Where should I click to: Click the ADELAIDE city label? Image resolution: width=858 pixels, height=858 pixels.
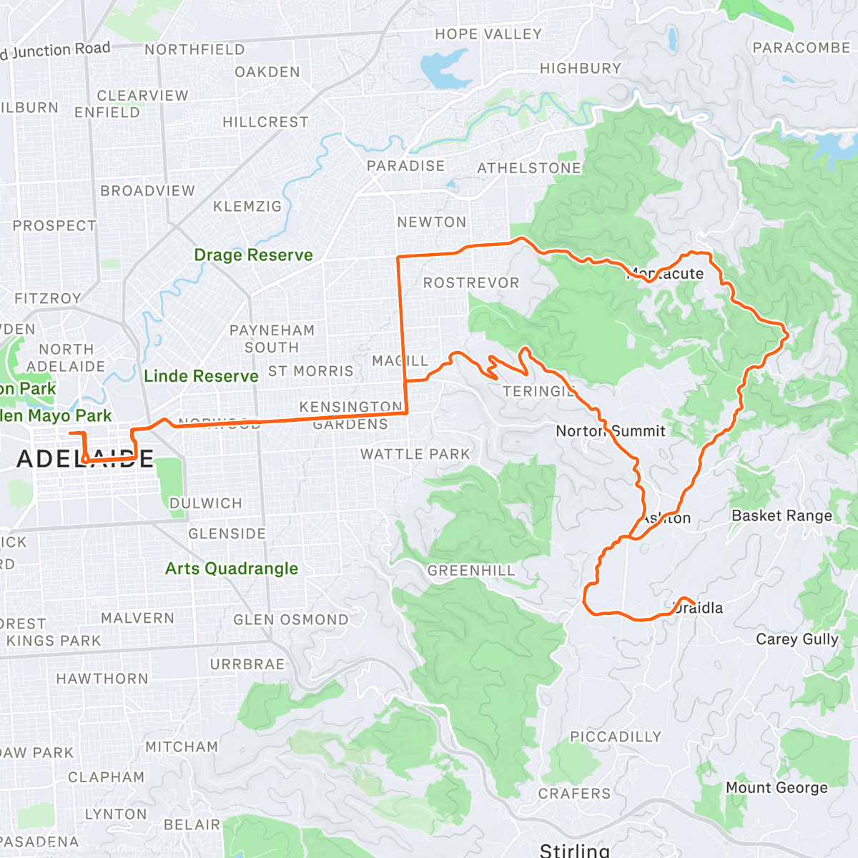pyautogui.click(x=85, y=459)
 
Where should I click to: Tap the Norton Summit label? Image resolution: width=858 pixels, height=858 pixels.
pyautogui.click(x=611, y=431)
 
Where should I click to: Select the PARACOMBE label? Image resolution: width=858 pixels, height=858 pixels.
pyautogui.click(x=801, y=48)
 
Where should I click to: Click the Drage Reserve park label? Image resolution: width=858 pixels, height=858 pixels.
pyautogui.click(x=253, y=255)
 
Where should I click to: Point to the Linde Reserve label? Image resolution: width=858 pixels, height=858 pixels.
pyautogui.click(x=201, y=376)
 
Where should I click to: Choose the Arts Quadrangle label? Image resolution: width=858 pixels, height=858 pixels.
pyautogui.click(x=232, y=568)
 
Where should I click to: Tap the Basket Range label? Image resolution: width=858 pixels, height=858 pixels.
pyautogui.click(x=781, y=516)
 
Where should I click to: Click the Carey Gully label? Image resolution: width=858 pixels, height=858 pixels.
pyautogui.click(x=797, y=639)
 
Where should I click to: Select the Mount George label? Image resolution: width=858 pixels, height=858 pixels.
pyautogui.click(x=776, y=788)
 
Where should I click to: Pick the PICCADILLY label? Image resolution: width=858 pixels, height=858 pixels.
pyautogui.click(x=616, y=736)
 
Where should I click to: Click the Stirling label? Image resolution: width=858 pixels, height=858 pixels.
pyautogui.click(x=574, y=849)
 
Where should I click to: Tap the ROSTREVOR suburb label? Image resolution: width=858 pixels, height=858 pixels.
pyautogui.click(x=471, y=283)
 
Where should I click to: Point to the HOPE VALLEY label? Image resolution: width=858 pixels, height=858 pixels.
pyautogui.click(x=488, y=34)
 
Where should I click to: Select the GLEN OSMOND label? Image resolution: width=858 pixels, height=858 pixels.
pyautogui.click(x=291, y=620)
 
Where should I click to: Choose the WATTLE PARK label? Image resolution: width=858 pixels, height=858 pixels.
pyautogui.click(x=415, y=455)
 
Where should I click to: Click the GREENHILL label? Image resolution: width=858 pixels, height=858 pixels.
pyautogui.click(x=471, y=571)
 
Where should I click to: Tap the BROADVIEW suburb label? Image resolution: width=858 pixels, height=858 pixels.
pyautogui.click(x=147, y=191)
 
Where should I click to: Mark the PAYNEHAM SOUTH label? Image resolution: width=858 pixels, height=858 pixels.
pyautogui.click(x=272, y=339)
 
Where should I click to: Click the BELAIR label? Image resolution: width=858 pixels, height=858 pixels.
pyautogui.click(x=192, y=824)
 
